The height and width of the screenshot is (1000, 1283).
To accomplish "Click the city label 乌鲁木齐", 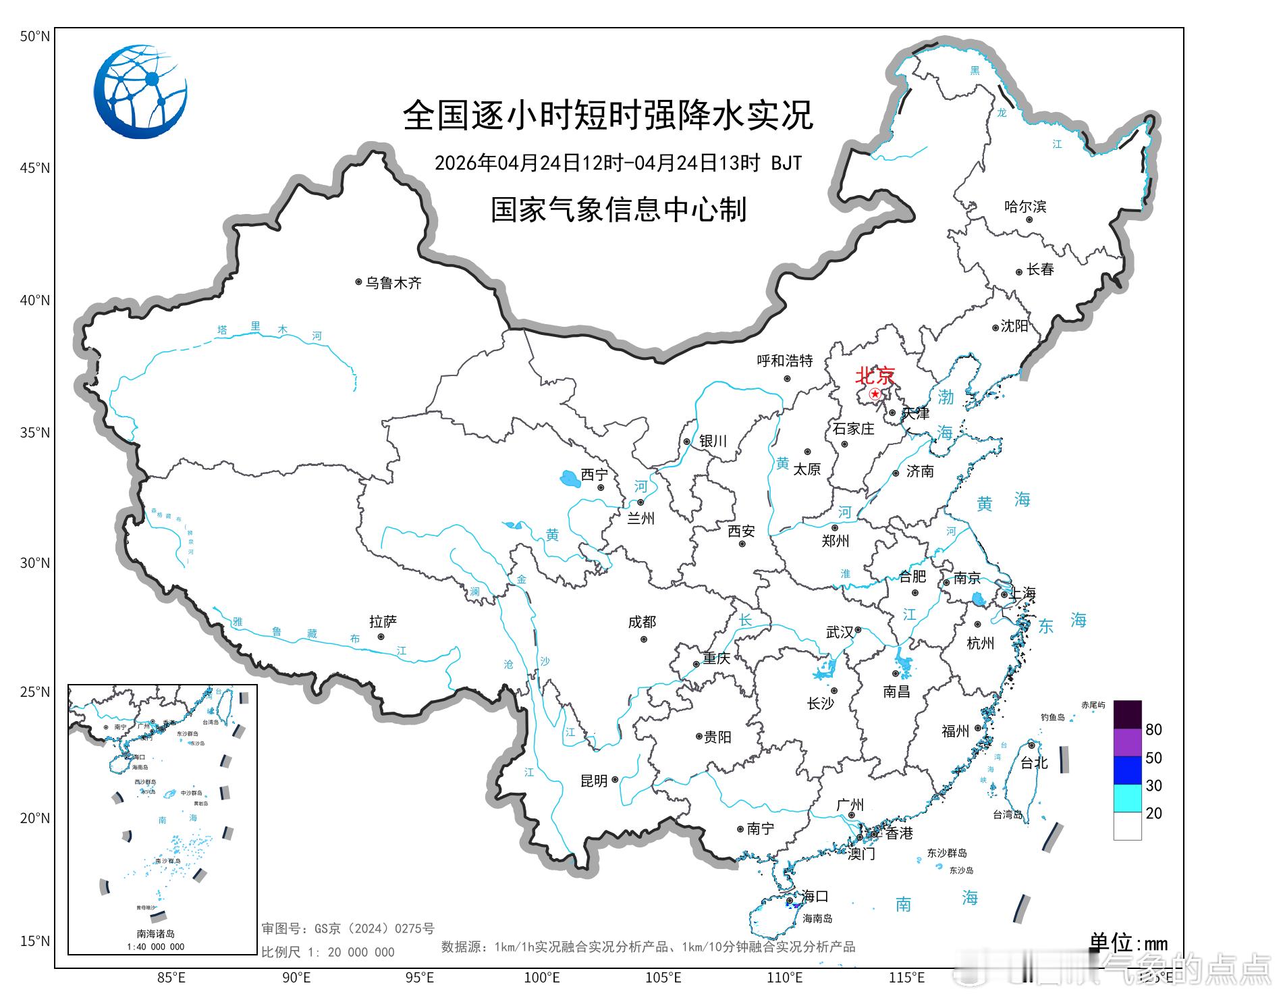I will click(393, 283).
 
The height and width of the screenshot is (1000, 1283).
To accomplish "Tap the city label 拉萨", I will click(383, 621).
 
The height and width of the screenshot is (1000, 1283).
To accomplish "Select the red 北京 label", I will click(875, 375).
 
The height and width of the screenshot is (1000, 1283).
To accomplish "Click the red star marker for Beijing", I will click(875, 394).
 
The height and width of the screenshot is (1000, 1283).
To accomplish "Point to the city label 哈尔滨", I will click(1025, 207).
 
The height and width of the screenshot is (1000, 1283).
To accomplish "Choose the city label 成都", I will click(641, 622).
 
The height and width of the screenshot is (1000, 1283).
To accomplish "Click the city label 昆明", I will click(594, 781).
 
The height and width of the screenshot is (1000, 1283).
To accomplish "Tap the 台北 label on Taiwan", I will click(1033, 762).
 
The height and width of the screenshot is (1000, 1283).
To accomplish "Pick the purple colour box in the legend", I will click(1127, 743).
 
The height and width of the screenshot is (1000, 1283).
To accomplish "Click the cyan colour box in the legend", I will click(1127, 798).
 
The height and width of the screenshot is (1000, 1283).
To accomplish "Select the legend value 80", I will click(1153, 729).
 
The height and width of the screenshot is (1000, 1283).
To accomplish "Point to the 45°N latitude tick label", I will click(35, 167).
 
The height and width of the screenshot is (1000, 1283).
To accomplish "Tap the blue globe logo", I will click(140, 92).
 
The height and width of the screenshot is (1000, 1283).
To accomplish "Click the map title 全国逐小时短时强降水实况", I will click(607, 115).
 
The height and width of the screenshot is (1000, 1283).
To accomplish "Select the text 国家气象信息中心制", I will click(618, 209).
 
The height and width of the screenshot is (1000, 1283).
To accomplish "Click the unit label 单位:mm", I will click(1128, 942).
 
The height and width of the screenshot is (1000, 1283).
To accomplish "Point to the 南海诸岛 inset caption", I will click(156, 934).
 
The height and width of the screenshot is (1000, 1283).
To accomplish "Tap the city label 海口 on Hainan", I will click(814, 896).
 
